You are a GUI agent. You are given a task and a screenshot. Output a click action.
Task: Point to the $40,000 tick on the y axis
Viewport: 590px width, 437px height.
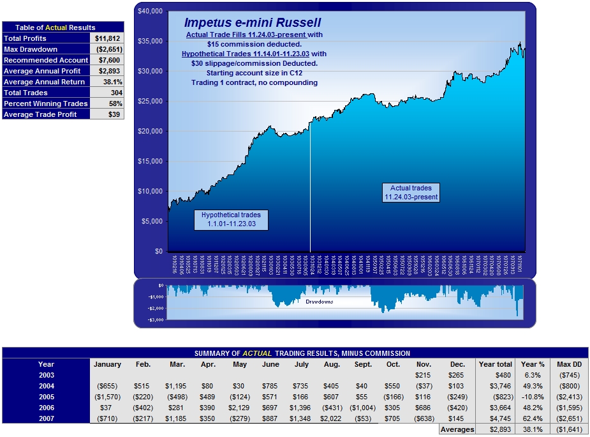[150, 11]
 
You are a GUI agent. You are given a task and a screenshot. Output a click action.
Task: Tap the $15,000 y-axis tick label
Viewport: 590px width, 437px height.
[150, 162]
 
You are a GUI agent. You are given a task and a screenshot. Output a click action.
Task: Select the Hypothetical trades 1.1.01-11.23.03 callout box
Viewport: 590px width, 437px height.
[232, 219]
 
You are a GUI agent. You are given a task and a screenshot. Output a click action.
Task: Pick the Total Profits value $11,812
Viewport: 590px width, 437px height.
[107, 38]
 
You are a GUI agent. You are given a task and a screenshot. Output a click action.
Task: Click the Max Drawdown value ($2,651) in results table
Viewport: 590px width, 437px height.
[107, 49]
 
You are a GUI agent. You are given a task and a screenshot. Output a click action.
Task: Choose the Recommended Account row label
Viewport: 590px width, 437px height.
[46, 60]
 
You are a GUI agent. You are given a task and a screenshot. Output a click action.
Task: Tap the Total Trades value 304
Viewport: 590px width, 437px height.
[107, 93]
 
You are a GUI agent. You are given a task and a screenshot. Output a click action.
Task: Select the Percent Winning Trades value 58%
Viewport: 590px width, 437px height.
[107, 103]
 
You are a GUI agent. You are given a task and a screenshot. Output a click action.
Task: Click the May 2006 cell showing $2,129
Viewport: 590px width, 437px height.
[240, 408]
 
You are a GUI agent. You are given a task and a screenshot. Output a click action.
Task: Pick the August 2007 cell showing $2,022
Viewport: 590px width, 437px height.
[331, 418]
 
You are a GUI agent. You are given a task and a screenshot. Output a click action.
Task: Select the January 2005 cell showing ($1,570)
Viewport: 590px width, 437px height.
[107, 397]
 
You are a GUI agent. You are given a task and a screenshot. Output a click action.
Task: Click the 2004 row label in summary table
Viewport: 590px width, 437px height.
[46, 386]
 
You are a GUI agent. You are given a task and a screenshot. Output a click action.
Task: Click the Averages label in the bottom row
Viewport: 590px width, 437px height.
[457, 430]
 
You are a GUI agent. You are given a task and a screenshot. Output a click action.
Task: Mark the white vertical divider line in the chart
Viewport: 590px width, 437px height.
[311, 185]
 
